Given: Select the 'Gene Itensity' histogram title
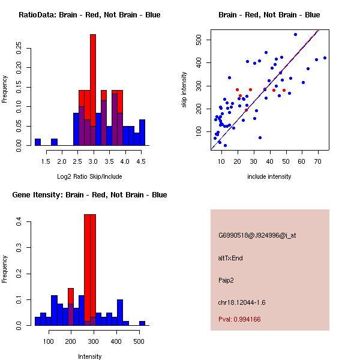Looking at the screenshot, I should click(89, 195).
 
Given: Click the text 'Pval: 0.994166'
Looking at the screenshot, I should click(239, 320).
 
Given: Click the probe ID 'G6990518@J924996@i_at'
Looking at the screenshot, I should click(257, 236).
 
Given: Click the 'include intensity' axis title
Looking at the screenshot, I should click(269, 176).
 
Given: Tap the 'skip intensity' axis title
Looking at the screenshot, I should click(185, 90).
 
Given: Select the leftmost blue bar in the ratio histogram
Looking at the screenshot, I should click(38, 142).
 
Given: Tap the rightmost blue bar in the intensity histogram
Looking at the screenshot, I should click(142, 323).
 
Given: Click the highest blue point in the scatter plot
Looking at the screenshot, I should click(295, 34).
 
